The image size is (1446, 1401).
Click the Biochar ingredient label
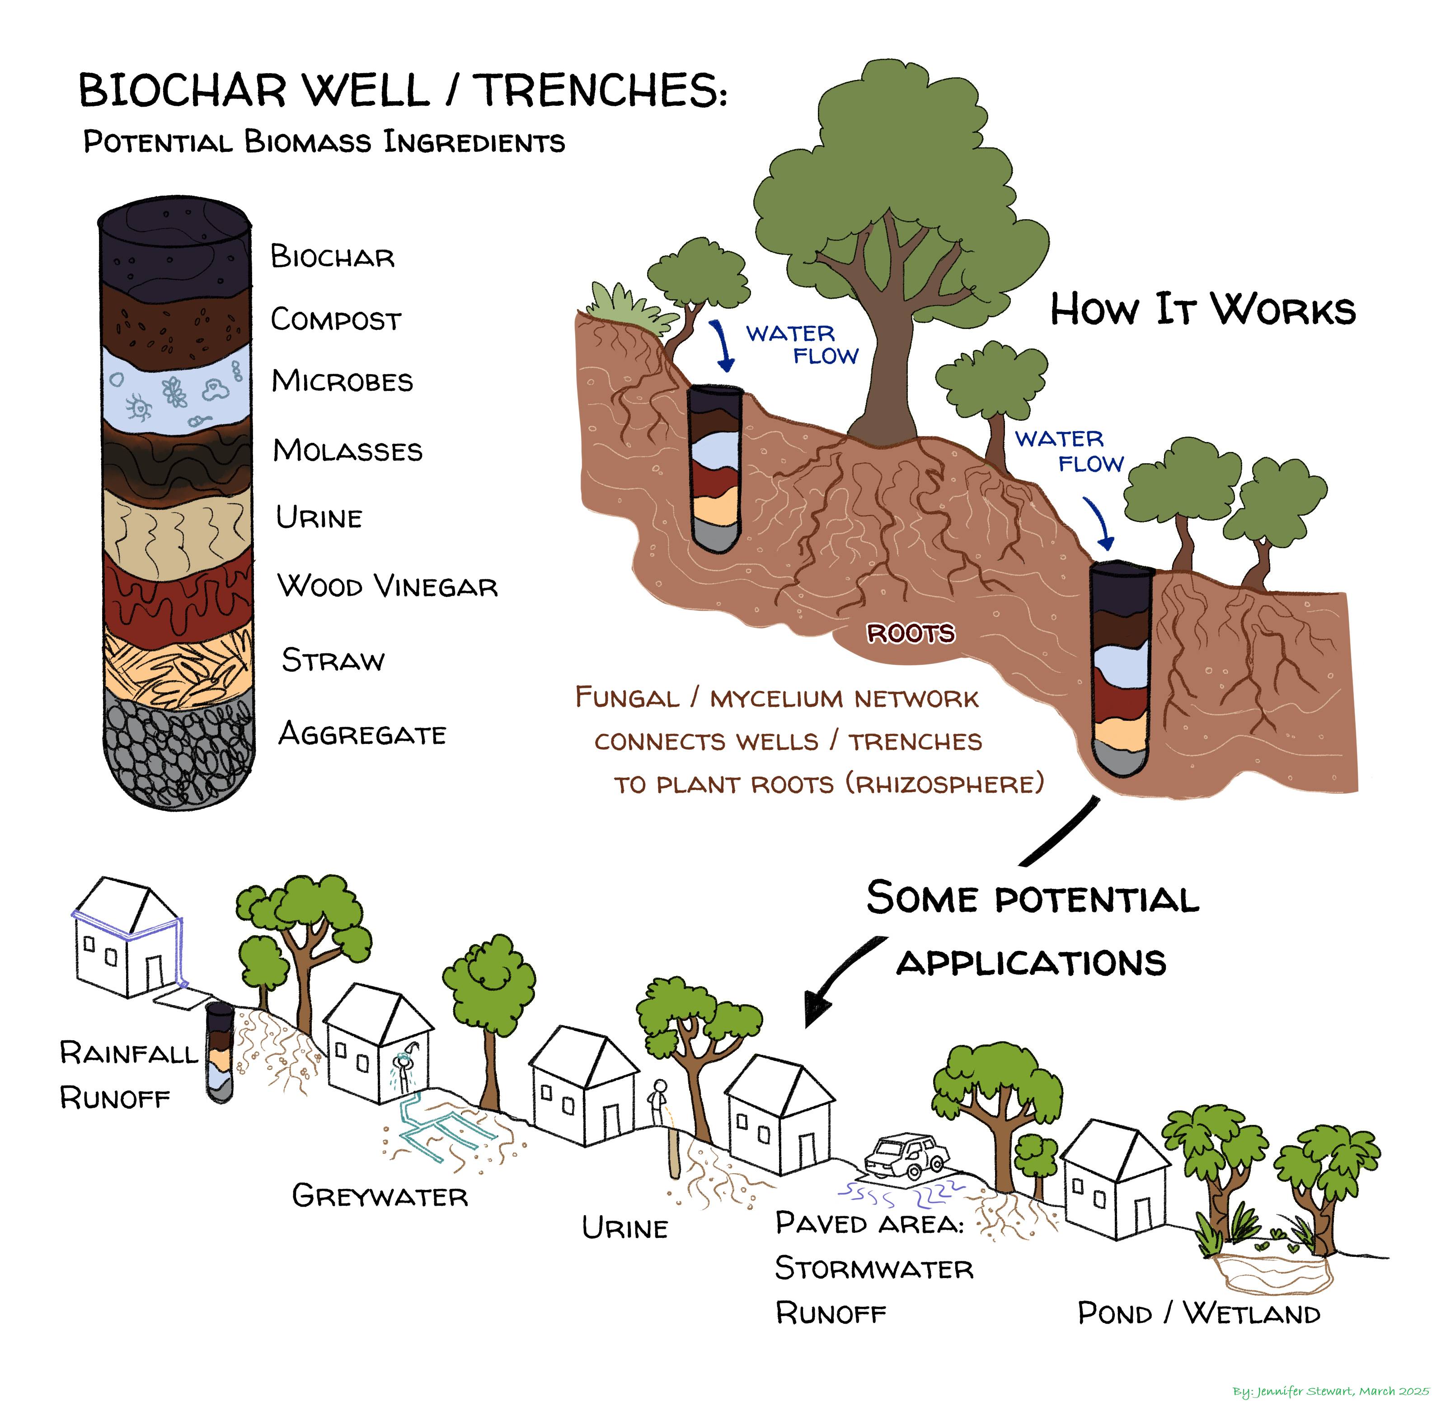(332, 257)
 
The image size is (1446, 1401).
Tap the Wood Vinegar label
(387, 587)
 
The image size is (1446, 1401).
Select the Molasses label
(347, 450)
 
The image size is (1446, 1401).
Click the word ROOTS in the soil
(911, 633)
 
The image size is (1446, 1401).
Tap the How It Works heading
(1202, 310)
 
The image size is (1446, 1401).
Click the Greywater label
(380, 1196)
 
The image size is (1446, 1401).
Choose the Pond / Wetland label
(1199, 1314)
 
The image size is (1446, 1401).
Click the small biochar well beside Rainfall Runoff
(219, 1051)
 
